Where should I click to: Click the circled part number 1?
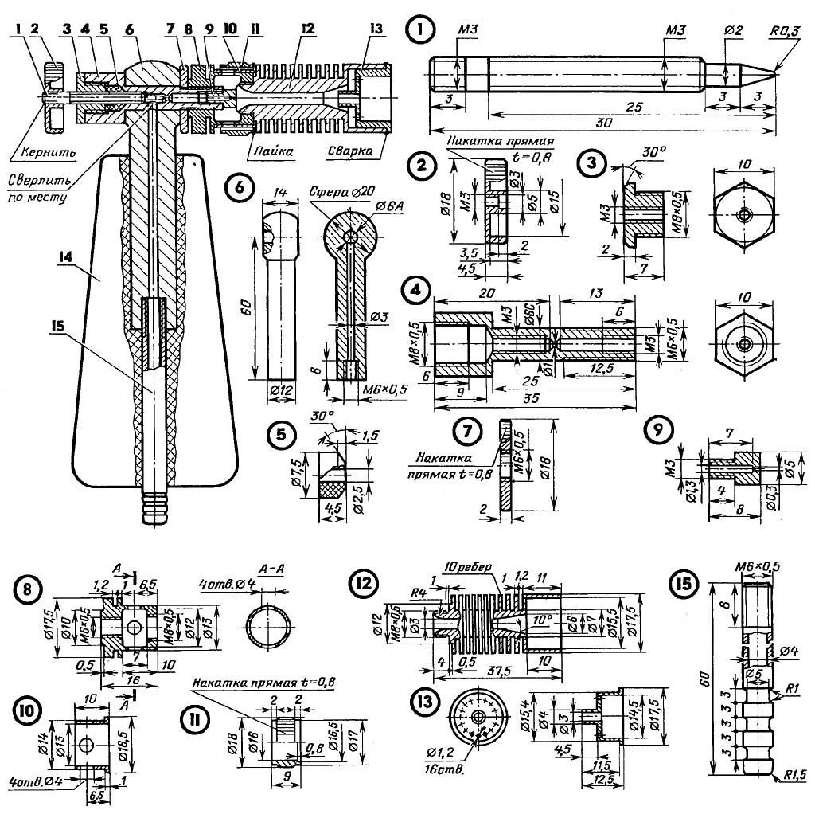click(x=417, y=31)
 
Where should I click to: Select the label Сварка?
click(x=346, y=149)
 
